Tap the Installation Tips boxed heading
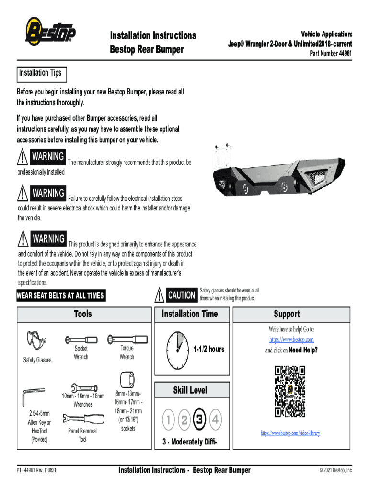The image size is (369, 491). [x=40, y=73]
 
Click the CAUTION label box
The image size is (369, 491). [x=181, y=295]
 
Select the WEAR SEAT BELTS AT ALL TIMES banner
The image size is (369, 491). [x=60, y=296]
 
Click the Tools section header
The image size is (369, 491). [x=82, y=314]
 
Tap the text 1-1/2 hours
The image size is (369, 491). [x=208, y=349]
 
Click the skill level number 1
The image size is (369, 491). [x=169, y=421]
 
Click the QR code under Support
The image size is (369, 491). [x=290, y=391]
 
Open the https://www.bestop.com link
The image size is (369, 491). [x=291, y=339]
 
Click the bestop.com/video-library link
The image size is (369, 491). [x=290, y=433]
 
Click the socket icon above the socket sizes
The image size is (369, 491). [x=127, y=379]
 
